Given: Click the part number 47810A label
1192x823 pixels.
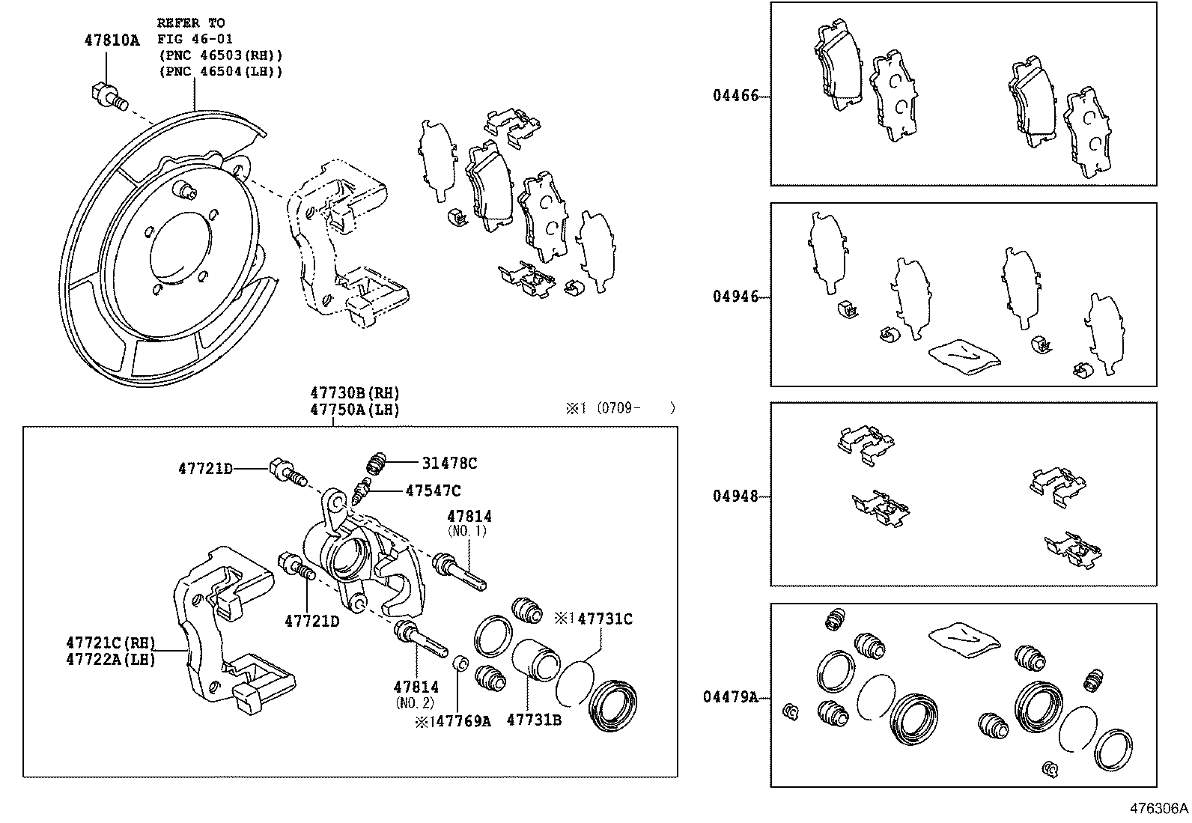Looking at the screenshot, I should click(112, 40).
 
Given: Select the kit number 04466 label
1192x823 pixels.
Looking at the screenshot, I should click(735, 96).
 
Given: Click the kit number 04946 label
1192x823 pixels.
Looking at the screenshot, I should click(735, 297).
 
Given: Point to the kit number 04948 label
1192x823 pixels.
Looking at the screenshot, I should click(735, 496).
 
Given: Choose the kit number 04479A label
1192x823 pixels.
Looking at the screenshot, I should click(730, 696).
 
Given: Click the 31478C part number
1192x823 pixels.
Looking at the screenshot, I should click(449, 464).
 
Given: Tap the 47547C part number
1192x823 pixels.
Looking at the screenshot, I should click(433, 491).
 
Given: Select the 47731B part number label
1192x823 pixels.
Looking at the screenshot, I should click(534, 720).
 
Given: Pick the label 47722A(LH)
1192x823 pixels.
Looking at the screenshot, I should click(111, 659).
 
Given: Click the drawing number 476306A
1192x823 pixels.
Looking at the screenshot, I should click(1159, 809).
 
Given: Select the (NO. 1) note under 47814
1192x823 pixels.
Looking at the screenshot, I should click(467, 531).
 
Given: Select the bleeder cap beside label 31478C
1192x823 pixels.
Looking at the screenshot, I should click(379, 464).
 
